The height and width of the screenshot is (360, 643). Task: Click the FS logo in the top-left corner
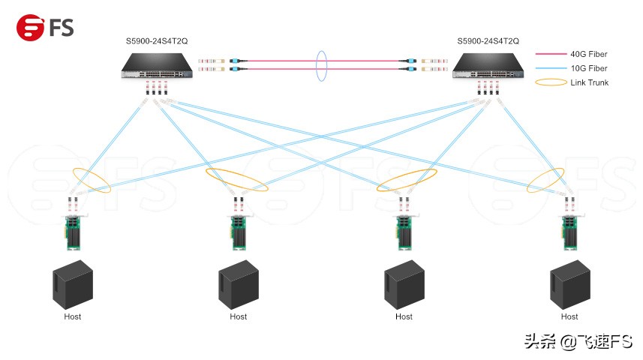click(45, 28)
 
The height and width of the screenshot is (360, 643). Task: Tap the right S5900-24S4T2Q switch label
click(488, 40)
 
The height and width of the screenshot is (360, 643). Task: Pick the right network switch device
click(488, 70)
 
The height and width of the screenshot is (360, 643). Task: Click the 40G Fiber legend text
click(589, 54)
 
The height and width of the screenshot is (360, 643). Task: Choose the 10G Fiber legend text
click(589, 68)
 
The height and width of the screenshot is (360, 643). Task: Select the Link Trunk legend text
click(590, 82)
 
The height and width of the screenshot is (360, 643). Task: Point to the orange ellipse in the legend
click(551, 82)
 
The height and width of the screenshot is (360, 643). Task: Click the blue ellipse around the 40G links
click(323, 66)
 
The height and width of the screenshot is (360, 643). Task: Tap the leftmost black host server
click(72, 284)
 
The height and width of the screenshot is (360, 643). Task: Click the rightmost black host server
click(569, 284)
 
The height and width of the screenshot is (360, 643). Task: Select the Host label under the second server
click(238, 316)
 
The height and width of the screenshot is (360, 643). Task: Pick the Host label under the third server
click(404, 316)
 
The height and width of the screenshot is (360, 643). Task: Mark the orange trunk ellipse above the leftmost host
click(92, 180)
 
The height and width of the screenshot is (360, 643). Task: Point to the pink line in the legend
click(551, 54)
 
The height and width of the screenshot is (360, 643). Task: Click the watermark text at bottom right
click(578, 341)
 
